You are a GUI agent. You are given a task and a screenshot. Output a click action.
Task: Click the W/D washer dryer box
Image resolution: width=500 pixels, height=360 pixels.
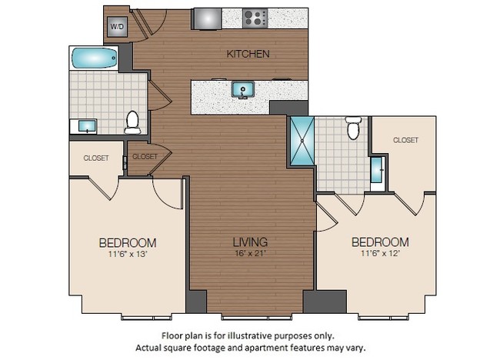click(117, 26)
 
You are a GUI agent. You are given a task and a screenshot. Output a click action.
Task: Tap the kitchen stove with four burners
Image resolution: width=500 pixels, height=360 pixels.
click(255, 18)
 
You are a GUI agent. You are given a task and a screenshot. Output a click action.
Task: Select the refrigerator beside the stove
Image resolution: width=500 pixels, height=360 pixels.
click(206, 18)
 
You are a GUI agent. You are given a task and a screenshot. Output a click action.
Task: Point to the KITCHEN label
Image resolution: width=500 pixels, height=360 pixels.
click(248, 54)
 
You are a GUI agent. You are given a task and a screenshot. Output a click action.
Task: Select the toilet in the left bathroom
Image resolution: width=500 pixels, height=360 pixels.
click(132, 122)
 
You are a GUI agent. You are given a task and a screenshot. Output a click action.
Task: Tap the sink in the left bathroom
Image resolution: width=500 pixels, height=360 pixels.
click(85, 126)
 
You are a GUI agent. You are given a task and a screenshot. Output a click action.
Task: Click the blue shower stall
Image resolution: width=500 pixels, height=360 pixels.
click(302, 141)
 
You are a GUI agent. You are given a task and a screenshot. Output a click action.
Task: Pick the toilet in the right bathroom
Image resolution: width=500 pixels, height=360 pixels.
click(353, 128)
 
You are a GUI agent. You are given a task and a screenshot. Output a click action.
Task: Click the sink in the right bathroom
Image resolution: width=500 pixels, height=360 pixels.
click(377, 170)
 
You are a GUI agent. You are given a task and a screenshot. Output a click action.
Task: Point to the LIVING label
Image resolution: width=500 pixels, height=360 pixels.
click(251, 242)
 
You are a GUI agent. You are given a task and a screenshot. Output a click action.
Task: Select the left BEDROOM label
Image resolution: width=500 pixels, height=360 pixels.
click(128, 242)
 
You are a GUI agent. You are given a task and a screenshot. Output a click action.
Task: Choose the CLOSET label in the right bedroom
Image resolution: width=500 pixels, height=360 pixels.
click(405, 140)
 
